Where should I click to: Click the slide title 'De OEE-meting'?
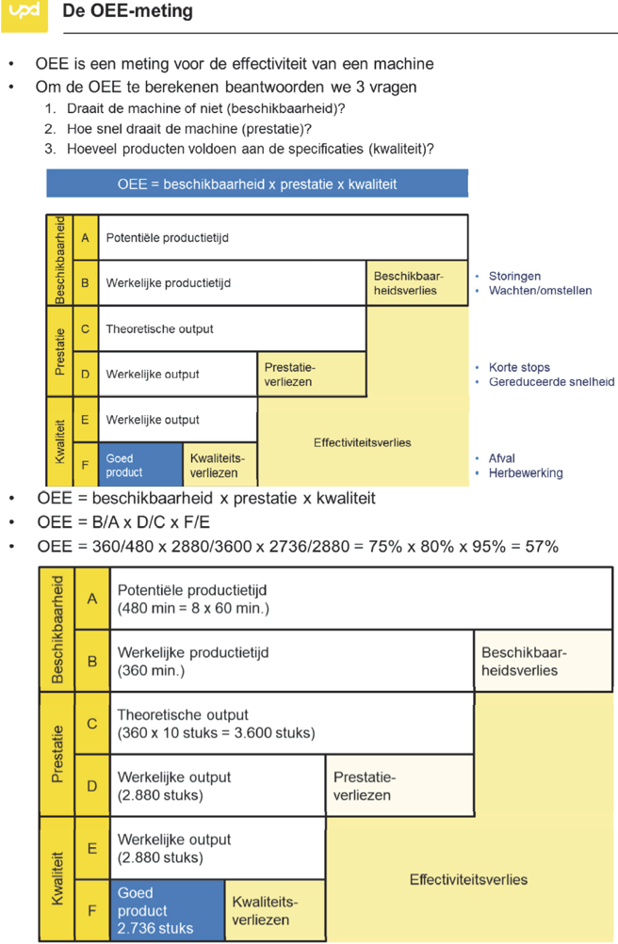[x=127, y=12]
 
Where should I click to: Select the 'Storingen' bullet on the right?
[x=514, y=276]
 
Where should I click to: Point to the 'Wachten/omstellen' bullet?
[x=540, y=291]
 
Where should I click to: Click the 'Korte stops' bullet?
[x=519, y=367]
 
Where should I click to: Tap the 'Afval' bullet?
[x=501, y=458]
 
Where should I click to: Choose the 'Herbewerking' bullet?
[x=525, y=472]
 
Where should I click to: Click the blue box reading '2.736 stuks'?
[x=168, y=910]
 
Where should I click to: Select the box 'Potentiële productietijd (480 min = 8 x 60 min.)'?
[x=292, y=599]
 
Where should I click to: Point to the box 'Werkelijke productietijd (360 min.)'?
[x=292, y=661]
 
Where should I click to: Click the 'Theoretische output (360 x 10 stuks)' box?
[x=292, y=723]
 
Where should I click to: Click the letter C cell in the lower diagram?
[x=92, y=724]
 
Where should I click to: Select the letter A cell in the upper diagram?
[x=85, y=238]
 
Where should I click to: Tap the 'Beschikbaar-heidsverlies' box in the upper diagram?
[x=416, y=282]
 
